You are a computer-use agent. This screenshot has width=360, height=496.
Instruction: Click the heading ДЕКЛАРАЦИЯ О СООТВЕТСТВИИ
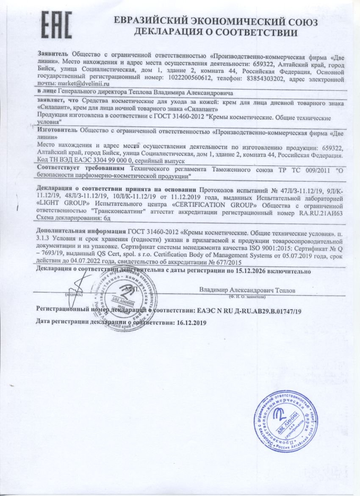[216, 32]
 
